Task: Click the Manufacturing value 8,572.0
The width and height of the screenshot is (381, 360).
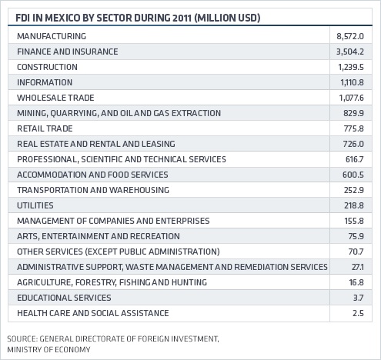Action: point(350,36)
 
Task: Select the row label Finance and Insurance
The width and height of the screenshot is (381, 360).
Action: point(68,52)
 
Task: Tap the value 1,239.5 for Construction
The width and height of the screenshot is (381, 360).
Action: point(351,67)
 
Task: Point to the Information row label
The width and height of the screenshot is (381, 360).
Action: point(45,82)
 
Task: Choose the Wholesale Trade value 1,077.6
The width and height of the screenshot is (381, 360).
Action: point(351,98)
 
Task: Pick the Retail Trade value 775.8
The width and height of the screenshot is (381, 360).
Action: point(354,128)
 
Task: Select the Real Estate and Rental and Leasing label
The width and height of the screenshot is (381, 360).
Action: point(96,144)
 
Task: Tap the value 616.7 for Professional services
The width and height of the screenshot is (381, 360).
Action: point(355,159)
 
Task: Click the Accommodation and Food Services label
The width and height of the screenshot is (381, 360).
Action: point(92,175)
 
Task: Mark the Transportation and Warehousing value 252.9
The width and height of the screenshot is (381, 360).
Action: point(354,190)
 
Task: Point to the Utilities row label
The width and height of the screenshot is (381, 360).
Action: point(35,205)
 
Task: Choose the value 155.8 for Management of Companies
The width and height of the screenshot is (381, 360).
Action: point(354,221)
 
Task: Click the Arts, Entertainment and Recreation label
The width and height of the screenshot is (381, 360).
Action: point(99,236)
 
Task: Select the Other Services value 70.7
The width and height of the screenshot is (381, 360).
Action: point(356,252)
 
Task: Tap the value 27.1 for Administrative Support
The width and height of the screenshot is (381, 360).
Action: point(358,267)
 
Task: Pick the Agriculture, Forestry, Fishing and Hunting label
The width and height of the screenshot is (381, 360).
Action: point(112,282)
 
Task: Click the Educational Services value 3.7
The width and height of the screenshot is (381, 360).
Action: point(359,298)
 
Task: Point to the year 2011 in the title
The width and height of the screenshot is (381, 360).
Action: point(182,18)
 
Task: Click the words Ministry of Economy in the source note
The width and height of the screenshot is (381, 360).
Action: point(48,349)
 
